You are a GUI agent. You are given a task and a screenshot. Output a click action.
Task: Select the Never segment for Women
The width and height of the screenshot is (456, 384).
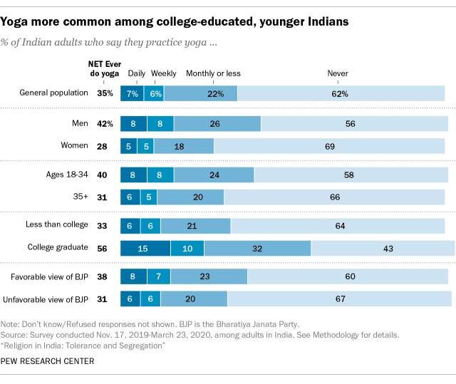coord(329,146)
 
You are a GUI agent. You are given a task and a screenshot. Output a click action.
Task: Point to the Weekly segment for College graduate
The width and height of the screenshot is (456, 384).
coord(187,249)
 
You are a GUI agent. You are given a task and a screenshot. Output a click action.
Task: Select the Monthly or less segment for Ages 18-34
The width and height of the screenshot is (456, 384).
coord(214,175)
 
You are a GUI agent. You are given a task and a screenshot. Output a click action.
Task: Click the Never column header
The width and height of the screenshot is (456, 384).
coord(338,73)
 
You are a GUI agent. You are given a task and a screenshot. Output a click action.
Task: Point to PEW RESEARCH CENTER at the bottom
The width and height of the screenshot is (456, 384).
coord(48,361)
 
